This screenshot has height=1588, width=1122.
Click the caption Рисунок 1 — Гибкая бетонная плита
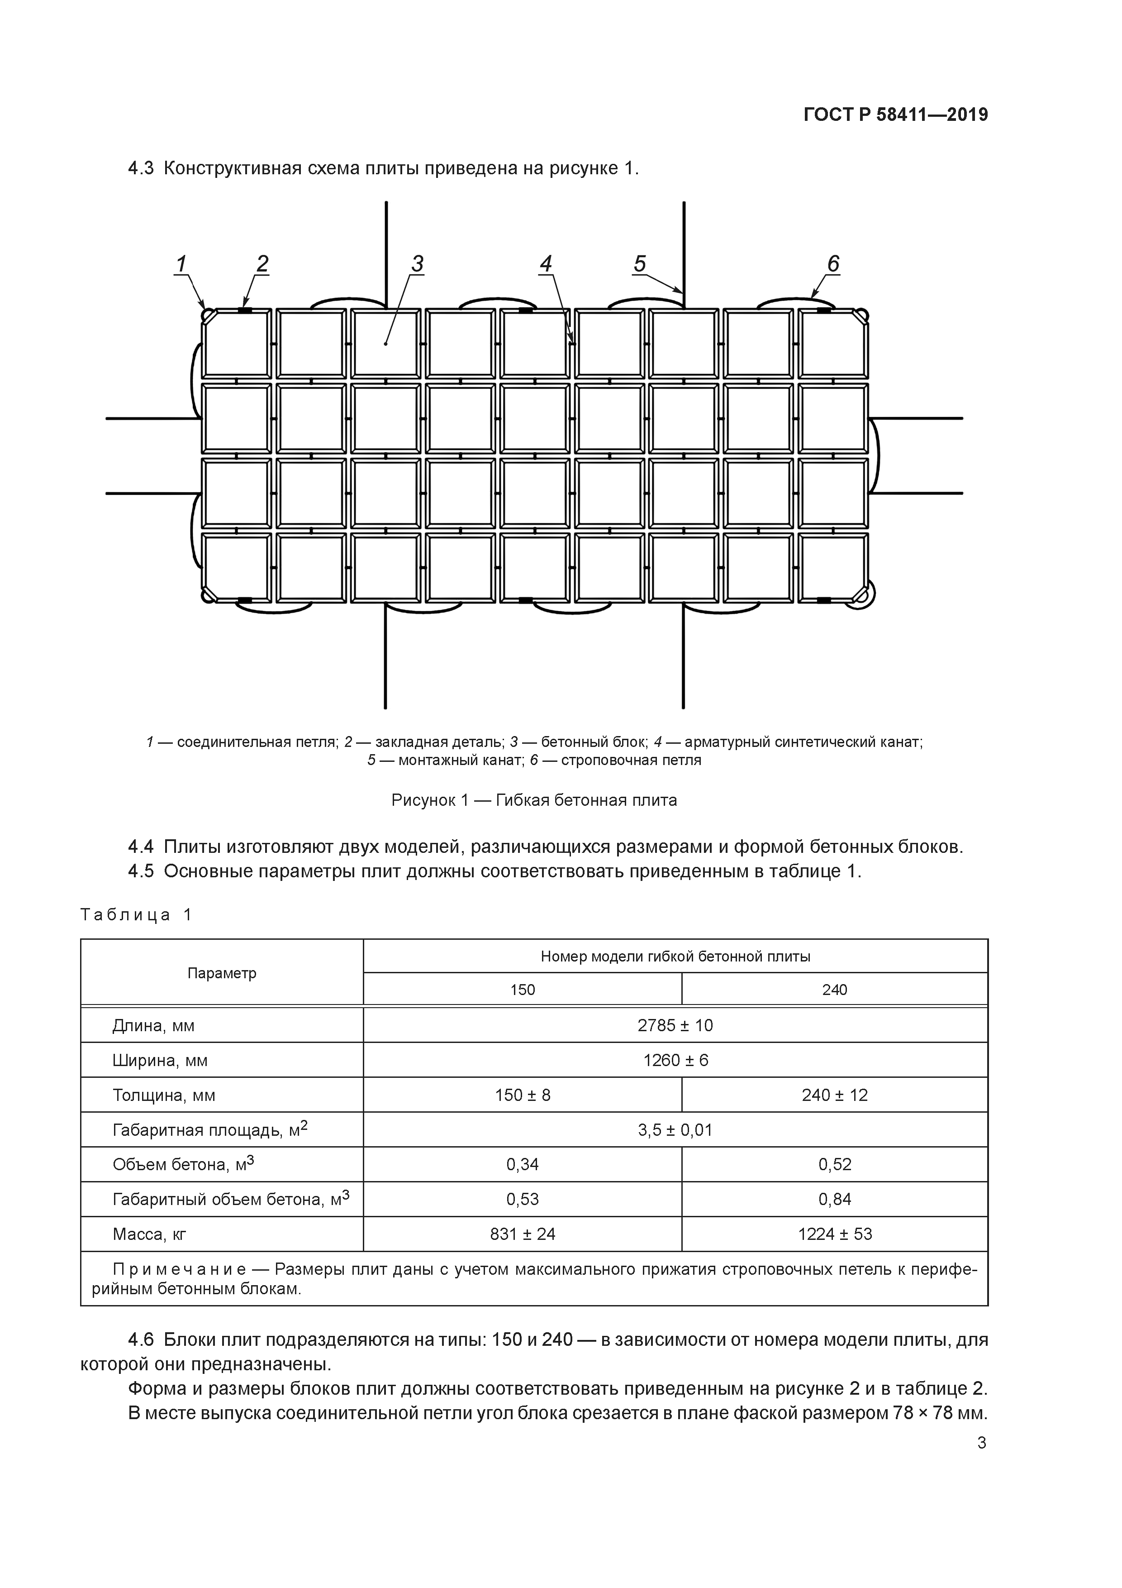(x=534, y=800)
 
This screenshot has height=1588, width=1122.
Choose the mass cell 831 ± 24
(x=522, y=1234)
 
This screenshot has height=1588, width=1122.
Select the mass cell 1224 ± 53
(x=834, y=1234)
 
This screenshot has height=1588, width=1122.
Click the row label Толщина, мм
(x=164, y=1095)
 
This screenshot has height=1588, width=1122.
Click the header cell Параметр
(x=221, y=973)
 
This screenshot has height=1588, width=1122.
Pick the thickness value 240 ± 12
(x=834, y=1095)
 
